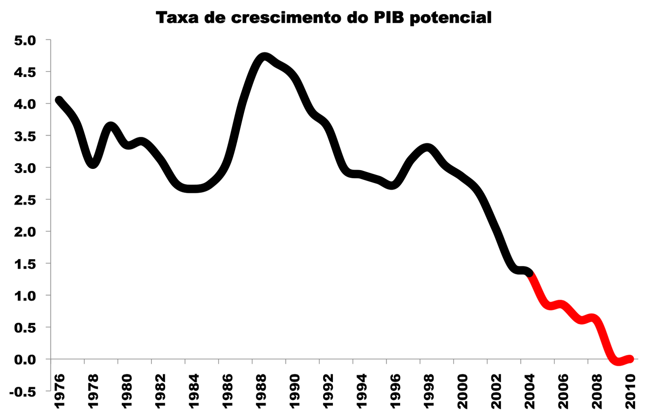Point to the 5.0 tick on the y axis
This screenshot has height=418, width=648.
coord(25,40)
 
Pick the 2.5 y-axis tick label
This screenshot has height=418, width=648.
coord(25,200)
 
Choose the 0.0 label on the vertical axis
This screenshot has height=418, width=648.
coord(25,359)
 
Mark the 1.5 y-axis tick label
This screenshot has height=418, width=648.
coord(25,264)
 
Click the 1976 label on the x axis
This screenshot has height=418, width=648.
coord(59,391)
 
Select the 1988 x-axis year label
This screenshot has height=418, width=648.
coord(261,391)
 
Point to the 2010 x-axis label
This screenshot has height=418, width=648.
coord(630,391)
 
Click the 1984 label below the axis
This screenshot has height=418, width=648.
coord(194,391)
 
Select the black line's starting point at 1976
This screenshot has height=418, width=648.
coord(59,100)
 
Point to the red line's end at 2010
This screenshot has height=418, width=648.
coord(630,358)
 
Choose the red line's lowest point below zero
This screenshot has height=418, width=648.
coord(618,361)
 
